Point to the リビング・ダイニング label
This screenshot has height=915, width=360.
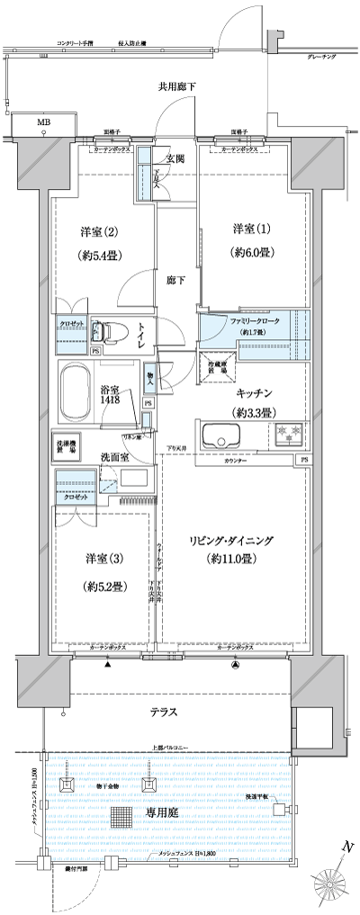(231, 539)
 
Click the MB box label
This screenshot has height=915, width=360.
(43, 121)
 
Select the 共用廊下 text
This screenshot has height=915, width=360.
(176, 86)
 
